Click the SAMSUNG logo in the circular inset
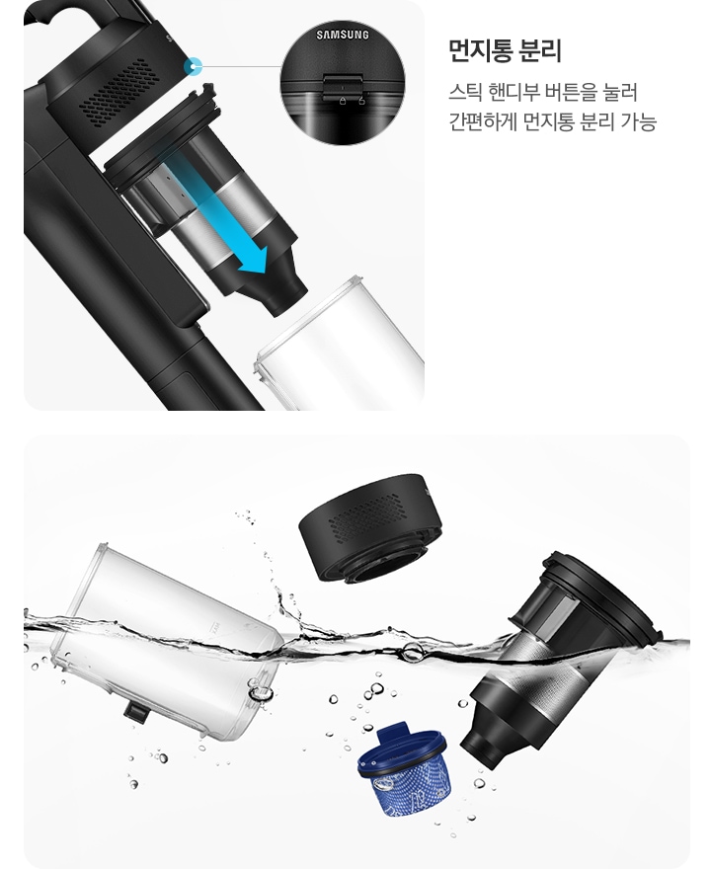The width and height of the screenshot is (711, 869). [343, 36]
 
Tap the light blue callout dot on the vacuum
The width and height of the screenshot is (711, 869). [194, 67]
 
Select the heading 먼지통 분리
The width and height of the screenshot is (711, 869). [505, 49]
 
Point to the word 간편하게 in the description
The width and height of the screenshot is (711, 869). [483, 122]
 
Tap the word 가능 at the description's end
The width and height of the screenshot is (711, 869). [637, 122]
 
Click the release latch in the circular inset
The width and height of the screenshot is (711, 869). [343, 87]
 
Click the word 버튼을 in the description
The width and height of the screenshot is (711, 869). [572, 93]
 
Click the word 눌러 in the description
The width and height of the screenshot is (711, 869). [621, 93]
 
